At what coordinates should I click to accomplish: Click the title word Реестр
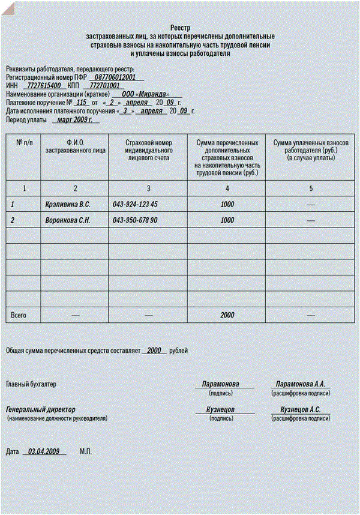[180, 28]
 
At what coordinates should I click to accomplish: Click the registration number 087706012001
[116, 77]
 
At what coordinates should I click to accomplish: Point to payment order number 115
[82, 103]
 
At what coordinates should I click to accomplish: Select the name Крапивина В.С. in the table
[68, 205]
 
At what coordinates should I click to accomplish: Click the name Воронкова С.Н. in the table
[68, 220]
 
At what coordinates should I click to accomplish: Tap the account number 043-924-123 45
[135, 205]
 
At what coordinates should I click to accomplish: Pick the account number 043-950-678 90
[135, 220]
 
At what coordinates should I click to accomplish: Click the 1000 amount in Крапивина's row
[227, 205]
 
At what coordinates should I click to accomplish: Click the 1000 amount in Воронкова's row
[227, 220]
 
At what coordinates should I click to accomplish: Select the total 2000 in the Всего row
[227, 315]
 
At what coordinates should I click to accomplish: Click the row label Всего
[19, 315]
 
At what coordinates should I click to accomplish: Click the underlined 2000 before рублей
[155, 350]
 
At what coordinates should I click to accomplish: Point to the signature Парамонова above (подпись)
[221, 384]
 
